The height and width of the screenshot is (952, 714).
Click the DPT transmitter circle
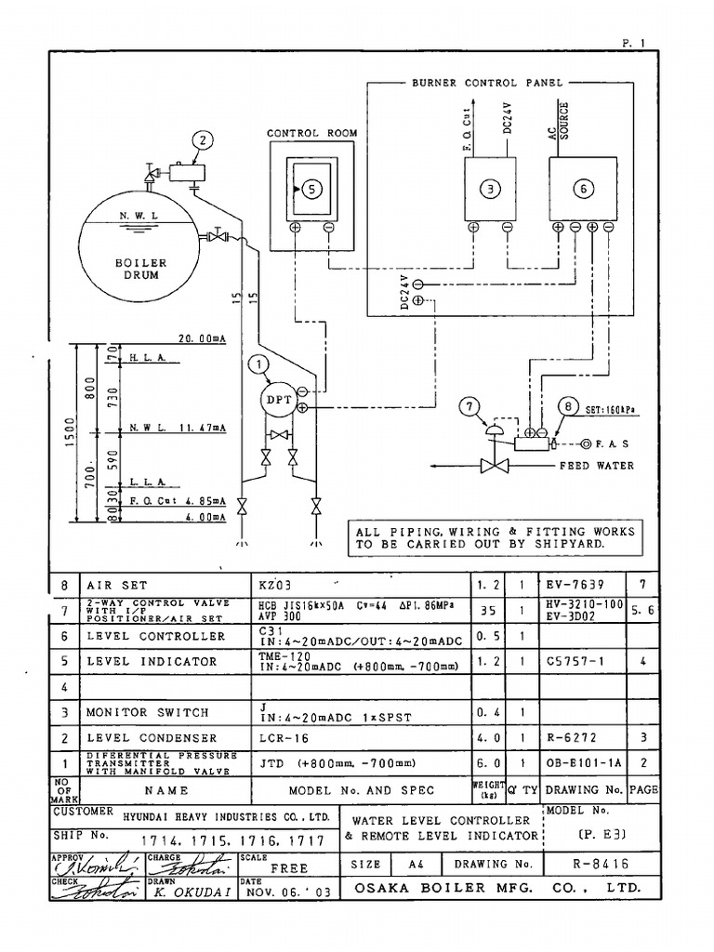point(280,400)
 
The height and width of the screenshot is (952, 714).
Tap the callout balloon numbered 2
point(203,141)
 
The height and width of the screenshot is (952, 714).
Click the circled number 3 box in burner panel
point(490,189)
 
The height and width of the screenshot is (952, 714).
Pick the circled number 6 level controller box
point(583,189)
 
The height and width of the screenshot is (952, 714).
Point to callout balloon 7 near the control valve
point(469,405)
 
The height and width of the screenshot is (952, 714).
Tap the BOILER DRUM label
point(140,269)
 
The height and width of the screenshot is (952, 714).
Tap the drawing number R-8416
point(600,864)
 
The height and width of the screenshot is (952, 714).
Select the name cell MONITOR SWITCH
point(148,712)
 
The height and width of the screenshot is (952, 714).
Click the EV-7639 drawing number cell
point(575,585)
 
